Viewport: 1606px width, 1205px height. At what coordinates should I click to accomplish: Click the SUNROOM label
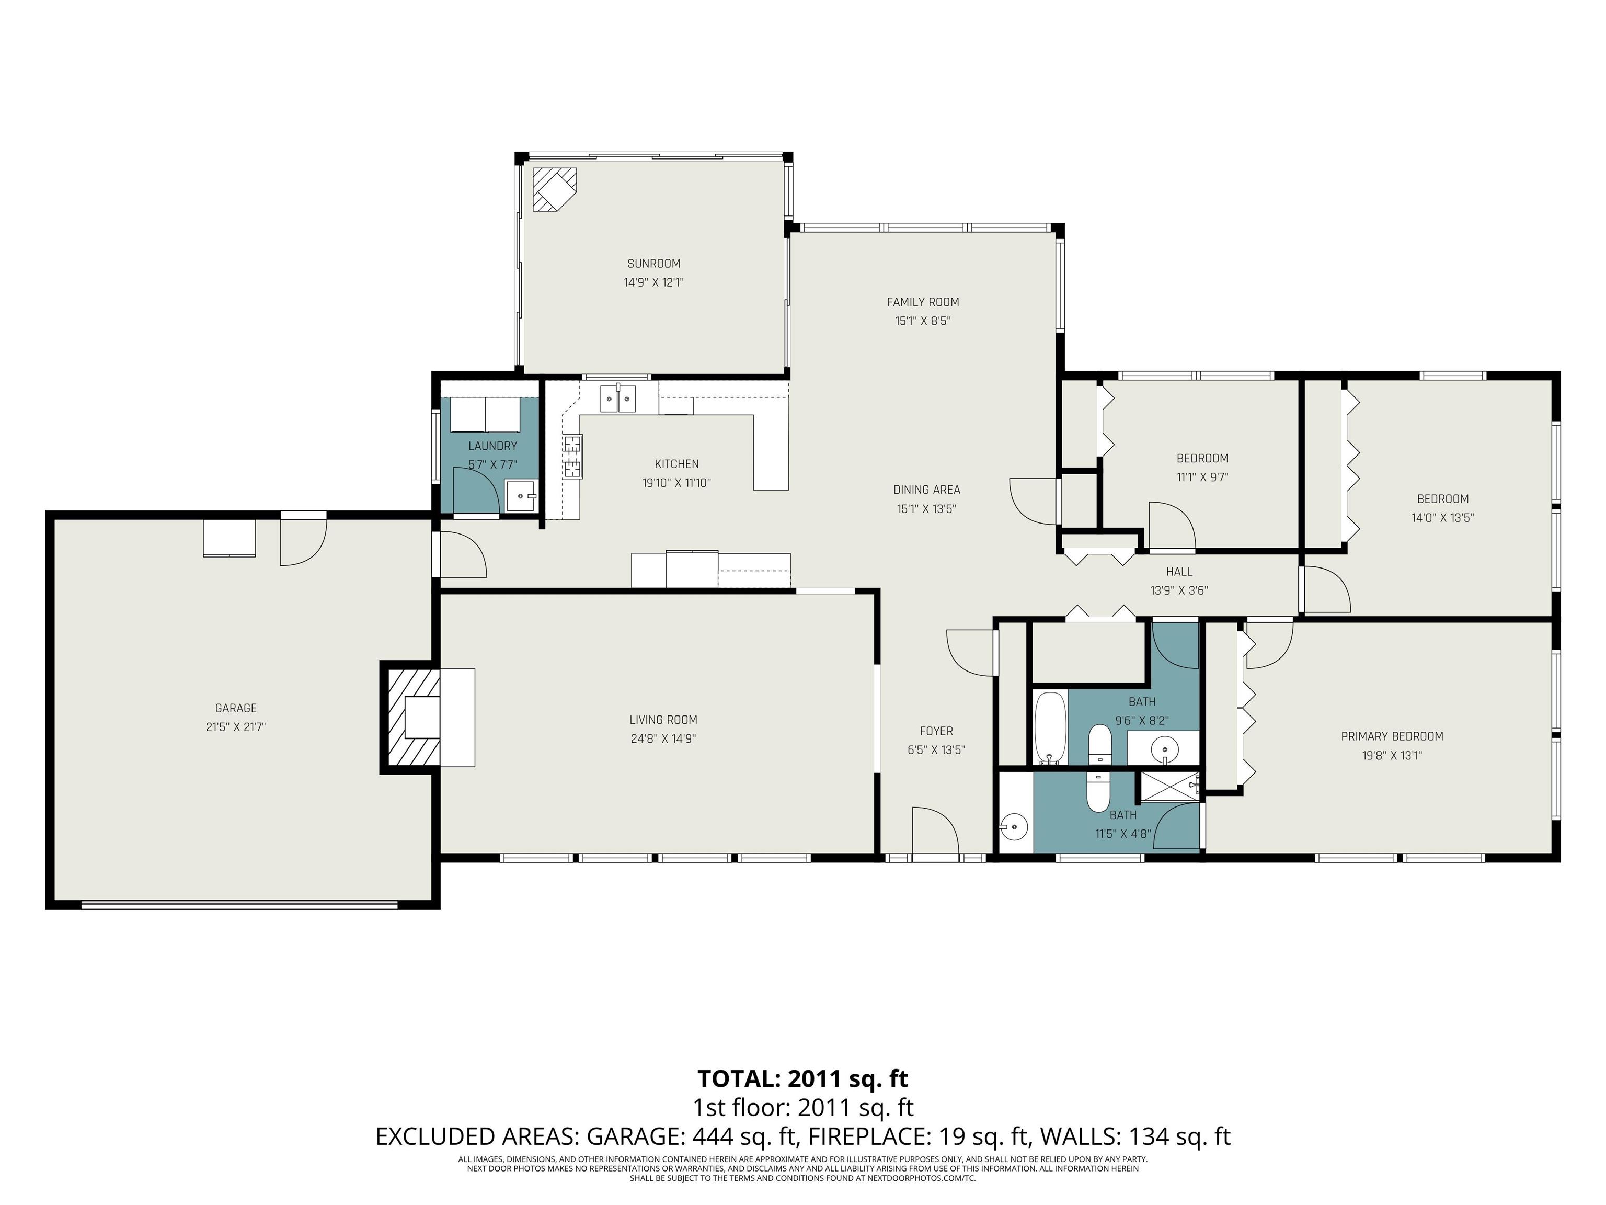653,264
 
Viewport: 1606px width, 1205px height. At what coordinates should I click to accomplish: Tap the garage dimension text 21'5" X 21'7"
236,726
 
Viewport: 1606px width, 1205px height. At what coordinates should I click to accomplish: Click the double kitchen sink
618,399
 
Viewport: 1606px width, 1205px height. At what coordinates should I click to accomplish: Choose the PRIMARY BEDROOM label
1392,736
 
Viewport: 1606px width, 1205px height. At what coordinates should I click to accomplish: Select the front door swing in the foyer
936,831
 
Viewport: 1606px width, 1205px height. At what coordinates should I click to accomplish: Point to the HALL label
1179,572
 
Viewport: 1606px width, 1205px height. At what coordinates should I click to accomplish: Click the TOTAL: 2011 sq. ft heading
803,1078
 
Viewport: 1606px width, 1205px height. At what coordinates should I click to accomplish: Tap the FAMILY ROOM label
923,302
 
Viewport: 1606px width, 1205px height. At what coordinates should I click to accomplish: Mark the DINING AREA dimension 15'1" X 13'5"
926,509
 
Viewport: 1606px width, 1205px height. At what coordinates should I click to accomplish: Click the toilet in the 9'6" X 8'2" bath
1100,745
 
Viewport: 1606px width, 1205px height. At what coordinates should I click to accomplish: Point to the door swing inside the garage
304,538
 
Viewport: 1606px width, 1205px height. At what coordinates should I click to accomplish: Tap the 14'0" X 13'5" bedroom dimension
1443,518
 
